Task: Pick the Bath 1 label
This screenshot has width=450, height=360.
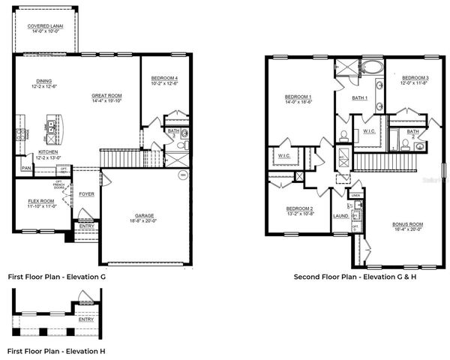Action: click(x=360, y=98)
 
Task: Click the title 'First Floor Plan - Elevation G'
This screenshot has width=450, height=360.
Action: click(x=57, y=277)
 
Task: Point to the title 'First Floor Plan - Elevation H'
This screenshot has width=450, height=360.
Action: click(x=57, y=350)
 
